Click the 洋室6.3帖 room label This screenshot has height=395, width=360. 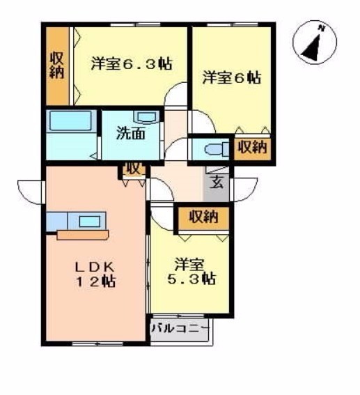132,63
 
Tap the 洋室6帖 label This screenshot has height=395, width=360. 232,77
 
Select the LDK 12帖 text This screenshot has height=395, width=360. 95,274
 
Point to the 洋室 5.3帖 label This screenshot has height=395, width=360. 191,271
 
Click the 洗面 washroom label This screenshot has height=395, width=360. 131,133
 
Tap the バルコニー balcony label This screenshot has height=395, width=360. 180,328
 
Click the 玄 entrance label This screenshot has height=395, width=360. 217,183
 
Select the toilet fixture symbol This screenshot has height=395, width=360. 217,150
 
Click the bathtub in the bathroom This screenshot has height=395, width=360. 70,121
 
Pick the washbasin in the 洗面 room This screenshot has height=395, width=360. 146,117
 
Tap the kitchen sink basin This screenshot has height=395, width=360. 90,222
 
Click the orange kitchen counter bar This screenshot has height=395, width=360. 83,235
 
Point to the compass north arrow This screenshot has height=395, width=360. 313,47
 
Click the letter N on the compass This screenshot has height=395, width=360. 321,28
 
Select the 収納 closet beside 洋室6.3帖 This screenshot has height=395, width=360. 58,66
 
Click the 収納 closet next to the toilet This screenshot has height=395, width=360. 252,148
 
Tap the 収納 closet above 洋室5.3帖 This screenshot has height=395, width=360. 203,218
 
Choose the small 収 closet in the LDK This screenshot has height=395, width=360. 134,169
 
